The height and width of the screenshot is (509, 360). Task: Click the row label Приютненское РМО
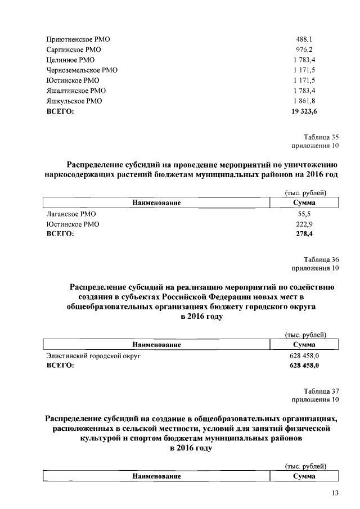click(78, 40)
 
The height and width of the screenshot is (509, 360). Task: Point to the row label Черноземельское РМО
click(82, 70)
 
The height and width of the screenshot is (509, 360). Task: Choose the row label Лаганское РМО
click(71, 214)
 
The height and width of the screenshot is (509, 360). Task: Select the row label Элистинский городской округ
click(93, 356)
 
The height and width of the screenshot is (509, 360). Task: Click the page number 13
click(335, 493)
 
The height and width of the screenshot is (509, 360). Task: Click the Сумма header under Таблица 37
click(304, 476)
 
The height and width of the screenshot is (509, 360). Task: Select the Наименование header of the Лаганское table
click(156, 202)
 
